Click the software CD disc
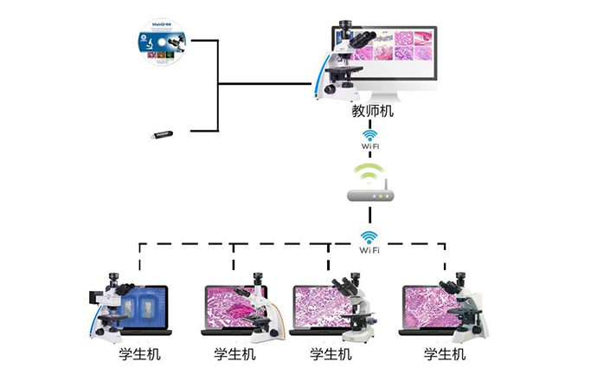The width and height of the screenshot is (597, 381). click(164, 43)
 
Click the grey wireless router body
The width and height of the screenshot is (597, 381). click(371, 196)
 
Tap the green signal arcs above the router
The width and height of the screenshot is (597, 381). click(369, 177)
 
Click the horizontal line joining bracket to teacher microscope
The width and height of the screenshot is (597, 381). click(264, 84)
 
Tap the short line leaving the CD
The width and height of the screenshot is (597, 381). click(202, 39)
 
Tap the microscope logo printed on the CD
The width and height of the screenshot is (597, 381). click(150, 37)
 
